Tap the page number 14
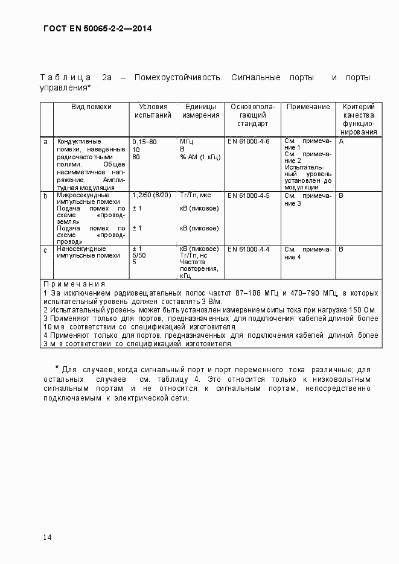48,537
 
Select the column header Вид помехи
91,107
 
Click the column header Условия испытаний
153,111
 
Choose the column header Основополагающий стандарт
253,115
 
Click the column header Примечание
308,107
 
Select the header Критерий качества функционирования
359,119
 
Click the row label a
45,142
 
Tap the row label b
45,196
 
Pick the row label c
45,249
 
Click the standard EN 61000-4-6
249,142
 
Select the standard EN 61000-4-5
249,196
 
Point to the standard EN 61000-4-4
249,249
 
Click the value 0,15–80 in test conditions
144,142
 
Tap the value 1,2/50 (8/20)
152,195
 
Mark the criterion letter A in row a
341,141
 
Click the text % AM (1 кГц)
200,157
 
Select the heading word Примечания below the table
74,284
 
